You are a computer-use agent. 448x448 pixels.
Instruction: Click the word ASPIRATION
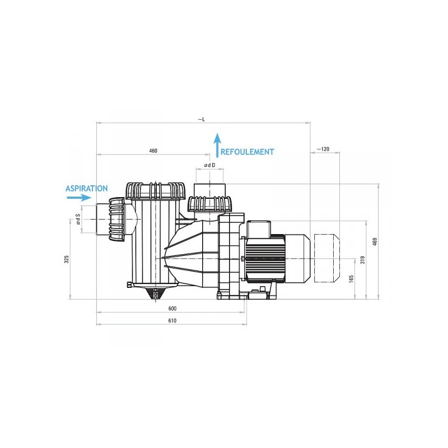tap(87, 189)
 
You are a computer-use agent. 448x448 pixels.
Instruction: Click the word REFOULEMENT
tap(247, 152)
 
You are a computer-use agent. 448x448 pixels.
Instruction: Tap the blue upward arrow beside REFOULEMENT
tap(218, 145)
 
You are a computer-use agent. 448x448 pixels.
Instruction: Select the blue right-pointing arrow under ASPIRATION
tap(79, 198)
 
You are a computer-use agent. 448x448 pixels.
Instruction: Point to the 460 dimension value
tap(153, 151)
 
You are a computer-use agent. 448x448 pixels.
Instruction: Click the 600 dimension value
tap(172, 309)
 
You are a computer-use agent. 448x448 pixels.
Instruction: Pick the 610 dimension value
tap(172, 321)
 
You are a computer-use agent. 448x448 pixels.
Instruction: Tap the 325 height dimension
tap(67, 259)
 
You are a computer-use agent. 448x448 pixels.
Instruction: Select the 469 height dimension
tap(375, 242)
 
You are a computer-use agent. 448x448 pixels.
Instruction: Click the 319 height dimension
tap(363, 260)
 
